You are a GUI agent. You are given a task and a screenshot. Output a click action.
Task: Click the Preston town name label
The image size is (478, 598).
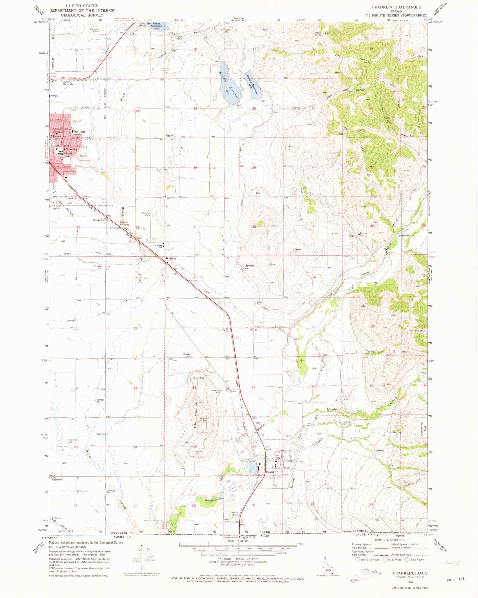point(78,132)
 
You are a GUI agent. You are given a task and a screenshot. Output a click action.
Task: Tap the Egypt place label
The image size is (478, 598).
point(170,135)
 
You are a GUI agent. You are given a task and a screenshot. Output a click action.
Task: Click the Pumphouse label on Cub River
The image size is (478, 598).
point(211,500)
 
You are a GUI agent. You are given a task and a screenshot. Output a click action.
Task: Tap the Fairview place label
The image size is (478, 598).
point(57,479)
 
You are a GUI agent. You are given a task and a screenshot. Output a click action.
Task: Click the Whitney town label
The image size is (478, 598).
point(171,258)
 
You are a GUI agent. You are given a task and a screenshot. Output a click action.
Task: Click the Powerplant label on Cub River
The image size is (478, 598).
point(405,235)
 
